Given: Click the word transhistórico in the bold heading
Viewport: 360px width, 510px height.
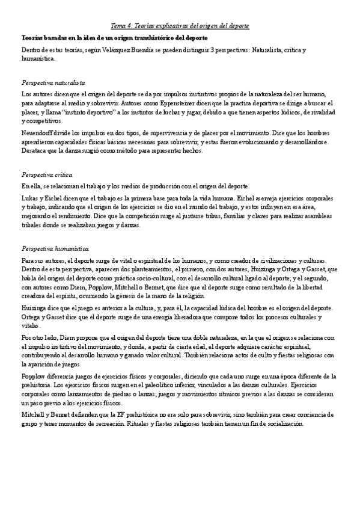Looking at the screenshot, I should click(139, 38).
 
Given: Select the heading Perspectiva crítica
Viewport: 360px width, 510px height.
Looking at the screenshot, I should click(46, 174).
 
